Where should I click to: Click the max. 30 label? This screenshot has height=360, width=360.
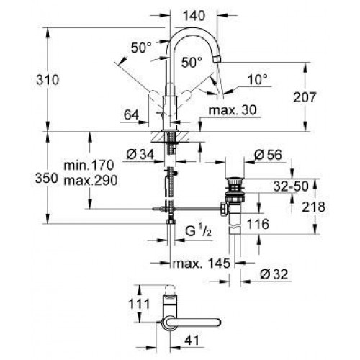[228, 109]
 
